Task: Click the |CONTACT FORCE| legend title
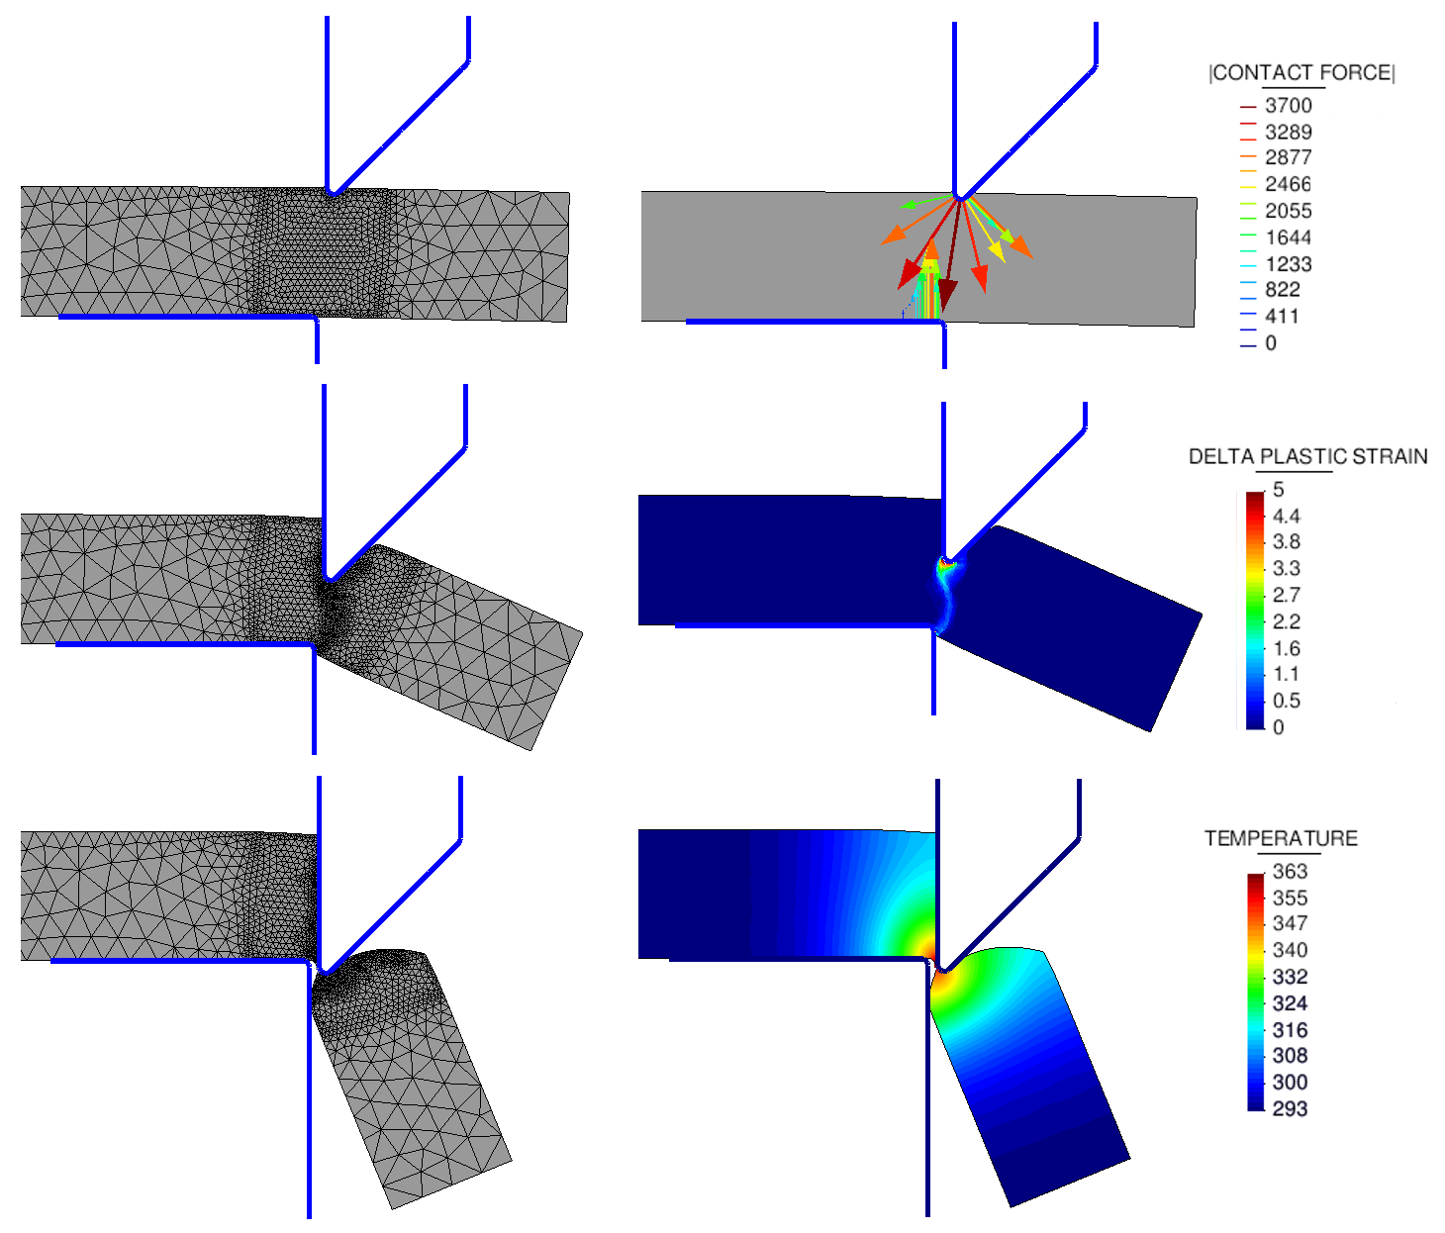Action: click(x=1300, y=73)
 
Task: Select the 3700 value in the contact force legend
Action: click(x=1288, y=106)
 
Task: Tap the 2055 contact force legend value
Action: click(x=1288, y=211)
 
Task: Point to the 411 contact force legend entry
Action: click(x=1282, y=317)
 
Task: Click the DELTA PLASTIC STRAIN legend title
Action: click(x=1307, y=456)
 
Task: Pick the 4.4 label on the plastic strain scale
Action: click(x=1286, y=516)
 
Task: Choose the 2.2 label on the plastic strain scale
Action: click(x=1286, y=621)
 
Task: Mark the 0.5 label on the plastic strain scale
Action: click(x=1286, y=701)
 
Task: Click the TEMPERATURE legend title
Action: click(x=1280, y=838)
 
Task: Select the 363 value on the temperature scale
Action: click(x=1290, y=871)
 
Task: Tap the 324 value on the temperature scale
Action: click(x=1290, y=1002)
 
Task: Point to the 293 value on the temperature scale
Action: click(x=1290, y=1108)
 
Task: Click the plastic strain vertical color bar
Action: click(x=1255, y=610)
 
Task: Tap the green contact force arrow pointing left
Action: click(x=909, y=205)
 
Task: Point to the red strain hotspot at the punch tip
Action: click(x=948, y=563)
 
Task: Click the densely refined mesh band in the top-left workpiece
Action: click(x=322, y=253)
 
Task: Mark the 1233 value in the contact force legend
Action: click(x=1288, y=264)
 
